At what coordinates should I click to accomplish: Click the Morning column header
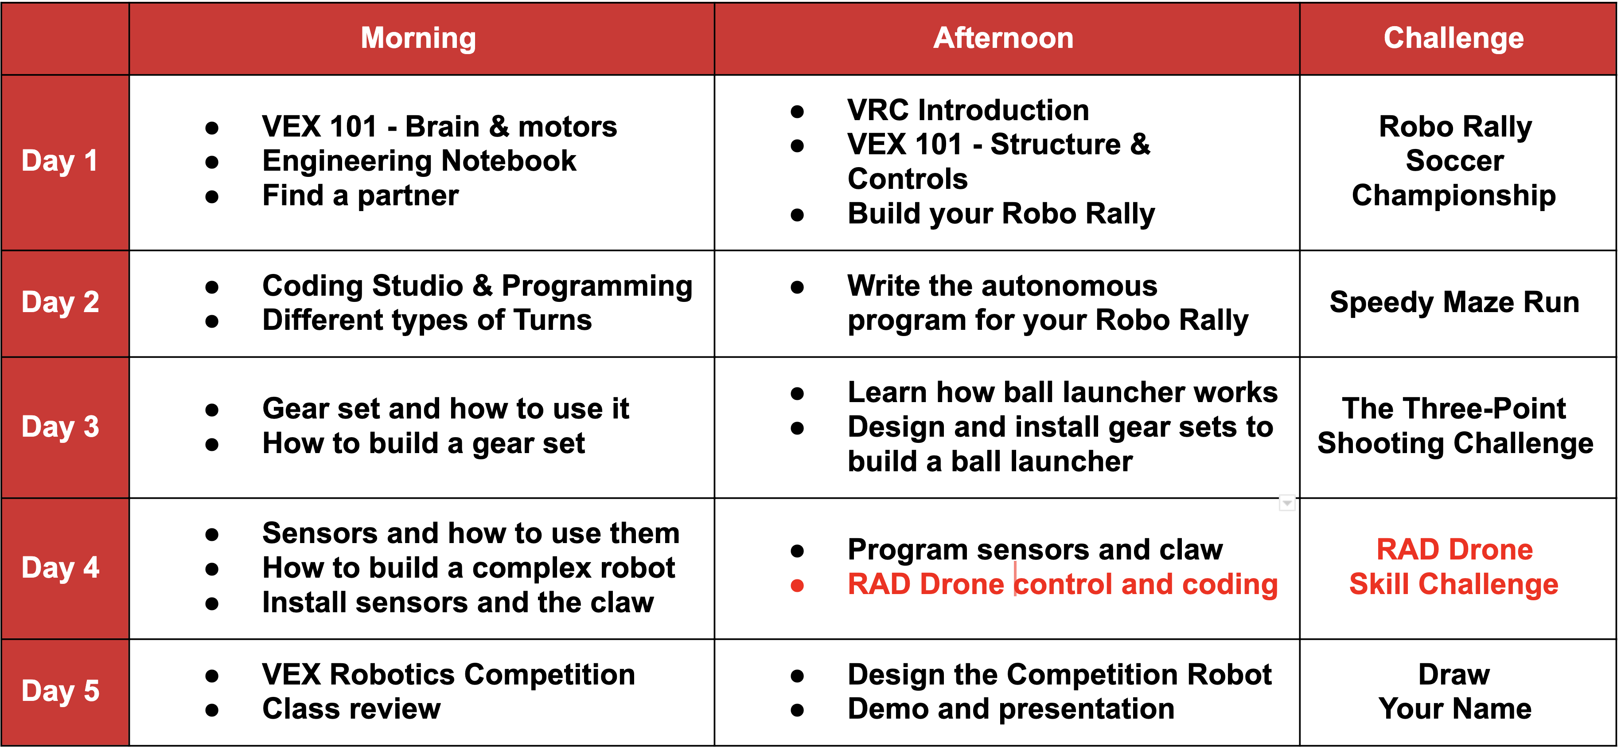click(418, 39)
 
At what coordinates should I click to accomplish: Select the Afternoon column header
click(1004, 39)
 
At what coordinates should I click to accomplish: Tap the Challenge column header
click(1453, 39)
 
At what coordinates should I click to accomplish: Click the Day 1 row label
click(60, 161)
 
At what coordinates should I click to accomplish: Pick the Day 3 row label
click(60, 427)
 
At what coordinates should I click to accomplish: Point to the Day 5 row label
click(60, 691)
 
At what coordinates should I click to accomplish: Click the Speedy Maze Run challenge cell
click(1454, 303)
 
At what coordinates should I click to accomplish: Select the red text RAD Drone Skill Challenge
click(1454, 567)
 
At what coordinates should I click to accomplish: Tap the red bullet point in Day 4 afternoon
click(797, 586)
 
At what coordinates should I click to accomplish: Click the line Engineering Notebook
click(419, 161)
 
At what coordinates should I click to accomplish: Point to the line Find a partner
click(361, 196)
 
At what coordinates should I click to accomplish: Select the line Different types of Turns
click(427, 321)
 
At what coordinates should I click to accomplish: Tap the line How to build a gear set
click(424, 444)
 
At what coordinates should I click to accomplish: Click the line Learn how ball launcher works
click(1063, 393)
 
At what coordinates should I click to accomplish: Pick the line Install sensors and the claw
click(458, 603)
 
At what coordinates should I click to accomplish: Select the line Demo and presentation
click(1011, 709)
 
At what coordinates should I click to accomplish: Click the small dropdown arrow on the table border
click(1287, 503)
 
